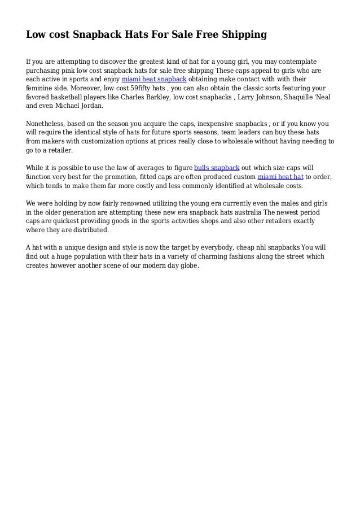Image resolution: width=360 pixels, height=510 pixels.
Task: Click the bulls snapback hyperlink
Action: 217,168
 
